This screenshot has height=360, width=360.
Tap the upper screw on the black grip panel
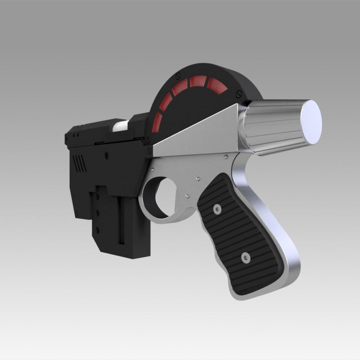click(x=218, y=209)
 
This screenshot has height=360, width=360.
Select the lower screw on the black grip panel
click(x=245, y=258)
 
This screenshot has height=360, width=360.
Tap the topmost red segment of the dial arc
click(x=196, y=81)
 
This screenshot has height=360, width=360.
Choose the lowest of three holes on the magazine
click(x=96, y=228)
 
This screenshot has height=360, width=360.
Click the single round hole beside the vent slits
click(x=107, y=155)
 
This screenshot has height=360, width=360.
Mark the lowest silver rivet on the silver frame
click(x=186, y=197)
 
